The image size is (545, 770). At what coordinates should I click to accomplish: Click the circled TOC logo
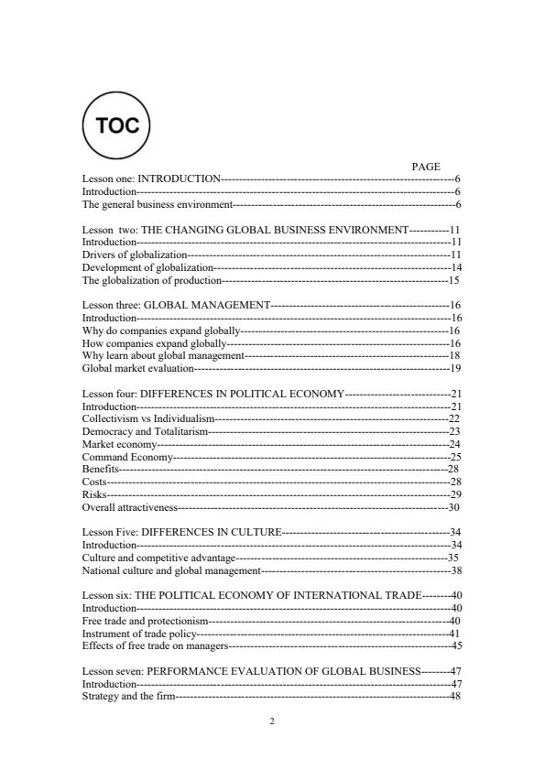116,125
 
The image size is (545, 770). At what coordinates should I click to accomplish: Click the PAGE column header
426,167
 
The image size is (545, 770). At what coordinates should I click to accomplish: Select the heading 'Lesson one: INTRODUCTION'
151,179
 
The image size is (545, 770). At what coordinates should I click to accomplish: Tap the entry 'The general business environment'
157,204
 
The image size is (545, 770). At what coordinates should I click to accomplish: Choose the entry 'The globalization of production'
152,279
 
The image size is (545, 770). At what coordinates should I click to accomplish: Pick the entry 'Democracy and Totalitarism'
142,430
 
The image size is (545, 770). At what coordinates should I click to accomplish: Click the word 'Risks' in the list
94,493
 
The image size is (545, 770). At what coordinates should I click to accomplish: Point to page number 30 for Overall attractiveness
453,506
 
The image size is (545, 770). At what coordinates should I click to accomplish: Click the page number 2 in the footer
272,721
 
